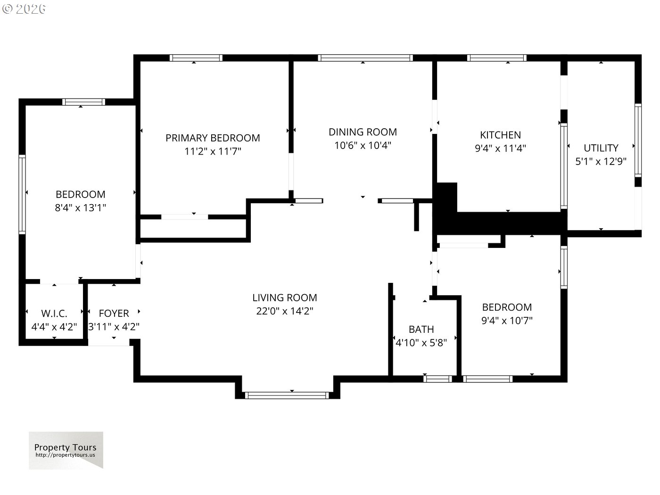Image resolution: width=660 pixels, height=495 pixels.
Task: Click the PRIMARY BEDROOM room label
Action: (213, 138)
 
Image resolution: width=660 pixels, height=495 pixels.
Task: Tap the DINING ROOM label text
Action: (363, 132)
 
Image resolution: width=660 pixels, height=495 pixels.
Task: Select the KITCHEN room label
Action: (500, 135)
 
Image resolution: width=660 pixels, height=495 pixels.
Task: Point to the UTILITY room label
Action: (601, 148)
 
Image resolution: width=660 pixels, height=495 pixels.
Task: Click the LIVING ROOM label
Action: (284, 297)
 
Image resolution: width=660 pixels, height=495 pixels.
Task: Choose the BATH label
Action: (421, 330)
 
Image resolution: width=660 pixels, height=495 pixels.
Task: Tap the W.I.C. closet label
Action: (54, 313)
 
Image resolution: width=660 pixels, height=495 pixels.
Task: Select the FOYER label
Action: (114, 313)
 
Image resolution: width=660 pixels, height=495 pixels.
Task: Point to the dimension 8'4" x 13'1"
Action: (80, 208)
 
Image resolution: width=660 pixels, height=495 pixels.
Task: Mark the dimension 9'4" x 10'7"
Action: (507, 321)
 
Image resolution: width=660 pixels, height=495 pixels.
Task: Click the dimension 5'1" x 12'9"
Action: (601, 162)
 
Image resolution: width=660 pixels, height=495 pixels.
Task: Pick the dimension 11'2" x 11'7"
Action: (213, 151)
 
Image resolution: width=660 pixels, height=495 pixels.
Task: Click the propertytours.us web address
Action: (65, 455)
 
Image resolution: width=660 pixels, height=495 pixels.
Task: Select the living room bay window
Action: (287, 395)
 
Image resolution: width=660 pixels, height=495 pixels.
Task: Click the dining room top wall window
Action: (365, 58)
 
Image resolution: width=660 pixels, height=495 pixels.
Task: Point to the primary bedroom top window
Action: (196, 58)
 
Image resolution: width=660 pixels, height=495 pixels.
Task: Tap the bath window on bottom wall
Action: (437, 379)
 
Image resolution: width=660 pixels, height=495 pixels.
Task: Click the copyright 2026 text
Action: (24, 9)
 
